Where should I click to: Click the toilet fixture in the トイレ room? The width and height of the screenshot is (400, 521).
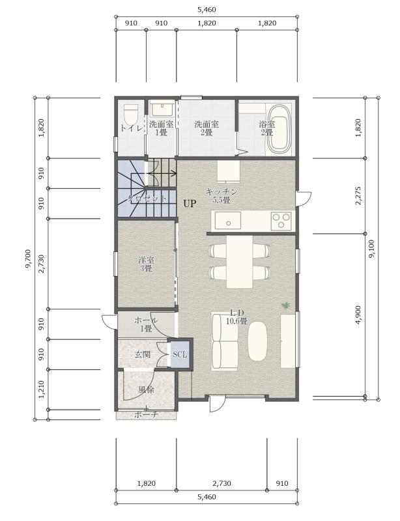click(x=131, y=115)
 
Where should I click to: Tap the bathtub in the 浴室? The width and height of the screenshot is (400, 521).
click(x=279, y=129)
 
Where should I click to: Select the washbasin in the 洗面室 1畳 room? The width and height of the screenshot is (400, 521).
click(x=162, y=109)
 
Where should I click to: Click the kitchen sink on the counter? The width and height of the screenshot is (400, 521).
click(x=228, y=221)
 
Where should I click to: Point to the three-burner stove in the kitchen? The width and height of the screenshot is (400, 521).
click(x=281, y=221)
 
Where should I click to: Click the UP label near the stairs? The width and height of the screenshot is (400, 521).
click(x=190, y=203)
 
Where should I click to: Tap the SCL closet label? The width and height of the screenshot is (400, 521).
click(x=180, y=354)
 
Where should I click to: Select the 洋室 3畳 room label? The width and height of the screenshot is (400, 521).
click(x=146, y=264)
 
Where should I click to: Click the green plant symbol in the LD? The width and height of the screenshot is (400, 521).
click(x=285, y=305)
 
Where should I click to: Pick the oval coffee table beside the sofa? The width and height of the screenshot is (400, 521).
click(x=257, y=341)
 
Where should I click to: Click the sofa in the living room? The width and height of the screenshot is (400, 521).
click(x=225, y=341)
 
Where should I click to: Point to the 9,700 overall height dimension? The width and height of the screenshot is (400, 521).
click(x=28, y=259)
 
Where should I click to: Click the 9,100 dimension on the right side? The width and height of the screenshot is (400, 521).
click(x=372, y=249)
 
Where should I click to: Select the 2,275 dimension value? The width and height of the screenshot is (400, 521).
click(x=358, y=196)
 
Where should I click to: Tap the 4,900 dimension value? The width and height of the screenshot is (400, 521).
click(x=358, y=315)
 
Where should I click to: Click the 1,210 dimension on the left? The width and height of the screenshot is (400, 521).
click(x=41, y=389)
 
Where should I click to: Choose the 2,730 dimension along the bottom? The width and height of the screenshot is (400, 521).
click(x=221, y=483)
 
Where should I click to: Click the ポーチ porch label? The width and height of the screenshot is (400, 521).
click(x=147, y=415)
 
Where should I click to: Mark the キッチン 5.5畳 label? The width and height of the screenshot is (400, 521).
click(x=221, y=196)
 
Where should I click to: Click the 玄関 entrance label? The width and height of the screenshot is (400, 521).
click(x=143, y=354)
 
